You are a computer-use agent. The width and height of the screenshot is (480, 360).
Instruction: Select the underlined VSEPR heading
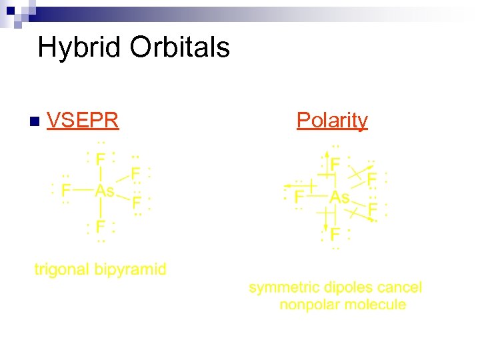click(x=83, y=120)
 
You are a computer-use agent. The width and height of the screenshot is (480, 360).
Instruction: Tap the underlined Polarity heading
click(x=332, y=120)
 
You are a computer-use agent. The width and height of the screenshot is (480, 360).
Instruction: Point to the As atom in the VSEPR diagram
click(x=105, y=191)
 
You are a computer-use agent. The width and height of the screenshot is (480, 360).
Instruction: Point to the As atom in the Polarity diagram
click(x=339, y=197)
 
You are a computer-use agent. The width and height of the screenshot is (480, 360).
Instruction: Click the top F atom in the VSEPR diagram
click(x=100, y=160)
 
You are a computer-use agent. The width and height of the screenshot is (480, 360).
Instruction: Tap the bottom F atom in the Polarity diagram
click(x=335, y=235)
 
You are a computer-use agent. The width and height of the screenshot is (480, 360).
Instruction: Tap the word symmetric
click(x=284, y=288)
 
